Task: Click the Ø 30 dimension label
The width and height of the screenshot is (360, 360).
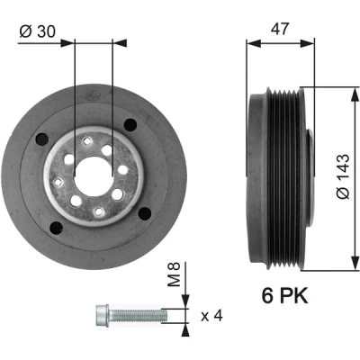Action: [38, 31]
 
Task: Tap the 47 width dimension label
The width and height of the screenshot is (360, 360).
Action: [280, 29]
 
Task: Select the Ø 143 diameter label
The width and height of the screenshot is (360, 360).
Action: [344, 176]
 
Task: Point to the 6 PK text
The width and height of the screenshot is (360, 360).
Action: [284, 296]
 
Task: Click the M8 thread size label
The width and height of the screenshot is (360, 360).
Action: [174, 274]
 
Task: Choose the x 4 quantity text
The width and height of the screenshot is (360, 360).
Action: [211, 316]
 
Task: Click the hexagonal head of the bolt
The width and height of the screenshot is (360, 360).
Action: [103, 315]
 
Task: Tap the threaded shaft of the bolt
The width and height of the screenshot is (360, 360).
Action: [138, 315]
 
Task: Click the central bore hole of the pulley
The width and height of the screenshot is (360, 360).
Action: [94, 175]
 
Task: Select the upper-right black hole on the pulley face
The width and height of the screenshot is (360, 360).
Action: [130, 124]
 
